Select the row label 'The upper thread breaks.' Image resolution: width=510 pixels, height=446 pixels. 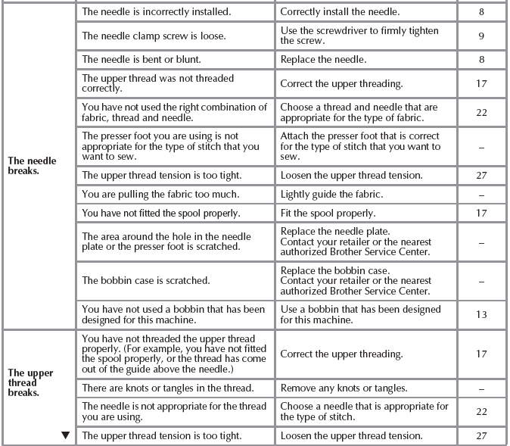tap(30, 382)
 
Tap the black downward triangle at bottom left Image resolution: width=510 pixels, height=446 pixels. tap(65, 435)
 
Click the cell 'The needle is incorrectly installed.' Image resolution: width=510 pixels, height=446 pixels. tap(157, 12)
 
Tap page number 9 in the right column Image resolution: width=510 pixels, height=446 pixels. tap(481, 36)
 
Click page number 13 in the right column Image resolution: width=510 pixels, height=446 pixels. tap(481, 314)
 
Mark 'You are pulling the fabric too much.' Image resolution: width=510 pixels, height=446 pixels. tap(163, 195)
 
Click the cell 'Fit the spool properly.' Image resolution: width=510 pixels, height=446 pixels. tap(328, 214)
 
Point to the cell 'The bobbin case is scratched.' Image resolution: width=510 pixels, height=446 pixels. tap(146, 280)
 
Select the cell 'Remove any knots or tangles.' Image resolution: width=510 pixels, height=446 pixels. tap(344, 388)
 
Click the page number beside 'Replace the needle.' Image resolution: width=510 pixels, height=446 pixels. tap(481, 58)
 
